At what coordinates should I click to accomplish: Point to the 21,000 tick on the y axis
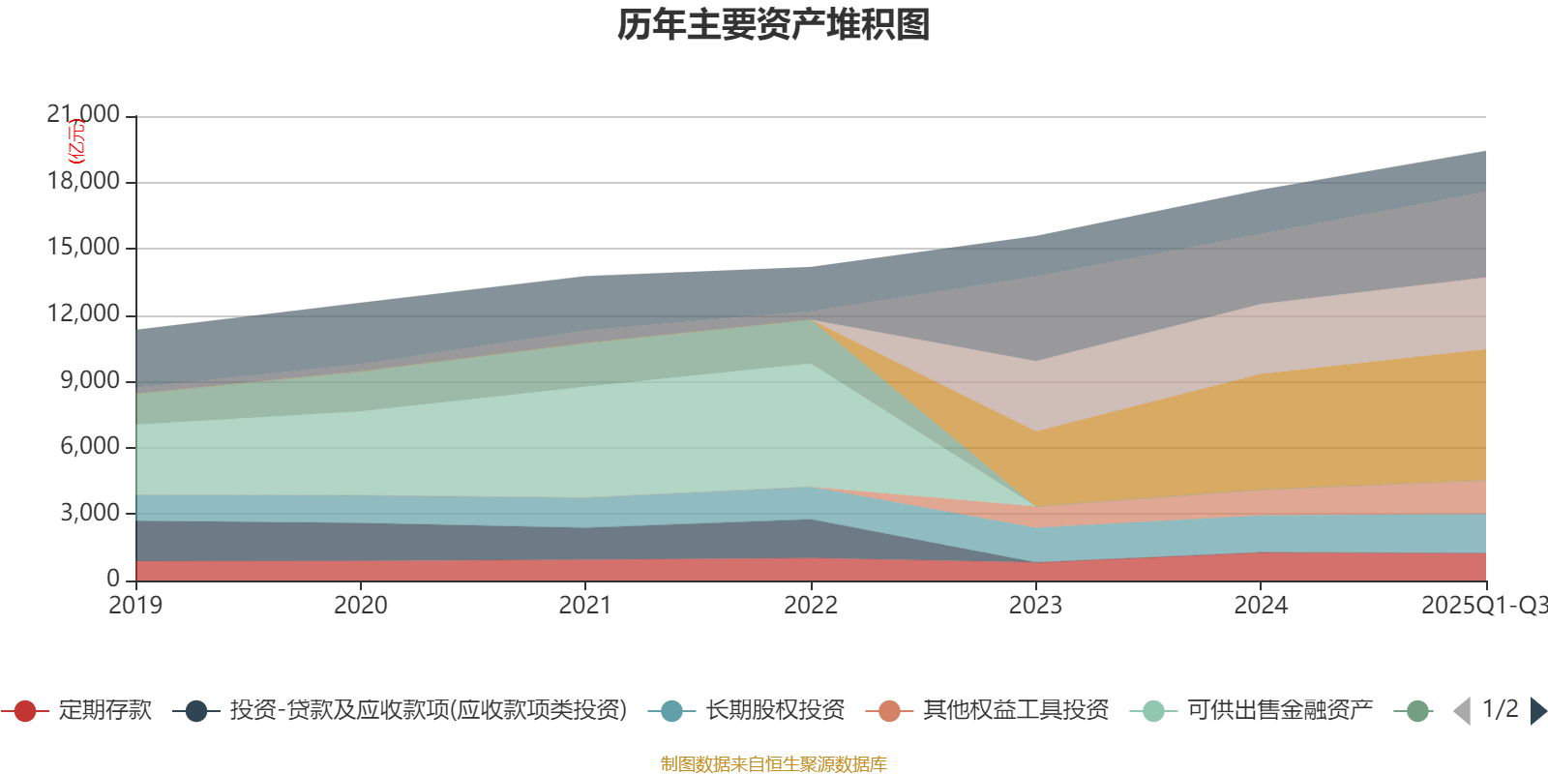tap(83, 115)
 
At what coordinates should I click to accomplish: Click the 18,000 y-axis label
tap(83, 182)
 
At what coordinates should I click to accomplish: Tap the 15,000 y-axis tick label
tap(83, 248)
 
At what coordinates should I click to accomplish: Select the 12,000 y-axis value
tap(83, 314)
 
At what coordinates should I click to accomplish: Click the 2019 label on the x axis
tap(135, 606)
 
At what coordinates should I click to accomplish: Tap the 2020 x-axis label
tap(361, 606)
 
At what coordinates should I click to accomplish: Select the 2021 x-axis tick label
tap(585, 606)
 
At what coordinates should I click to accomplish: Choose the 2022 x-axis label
tap(811, 606)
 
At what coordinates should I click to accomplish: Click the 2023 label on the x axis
tap(1035, 606)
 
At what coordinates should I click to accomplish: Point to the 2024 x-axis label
tap(1261, 606)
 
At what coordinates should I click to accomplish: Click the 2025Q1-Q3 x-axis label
tap(1483, 606)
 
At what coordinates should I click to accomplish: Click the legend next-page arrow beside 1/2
tap(1537, 711)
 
